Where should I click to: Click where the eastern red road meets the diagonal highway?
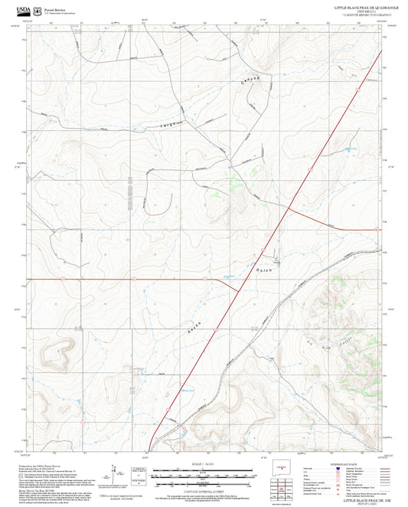(x=288, y=206)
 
